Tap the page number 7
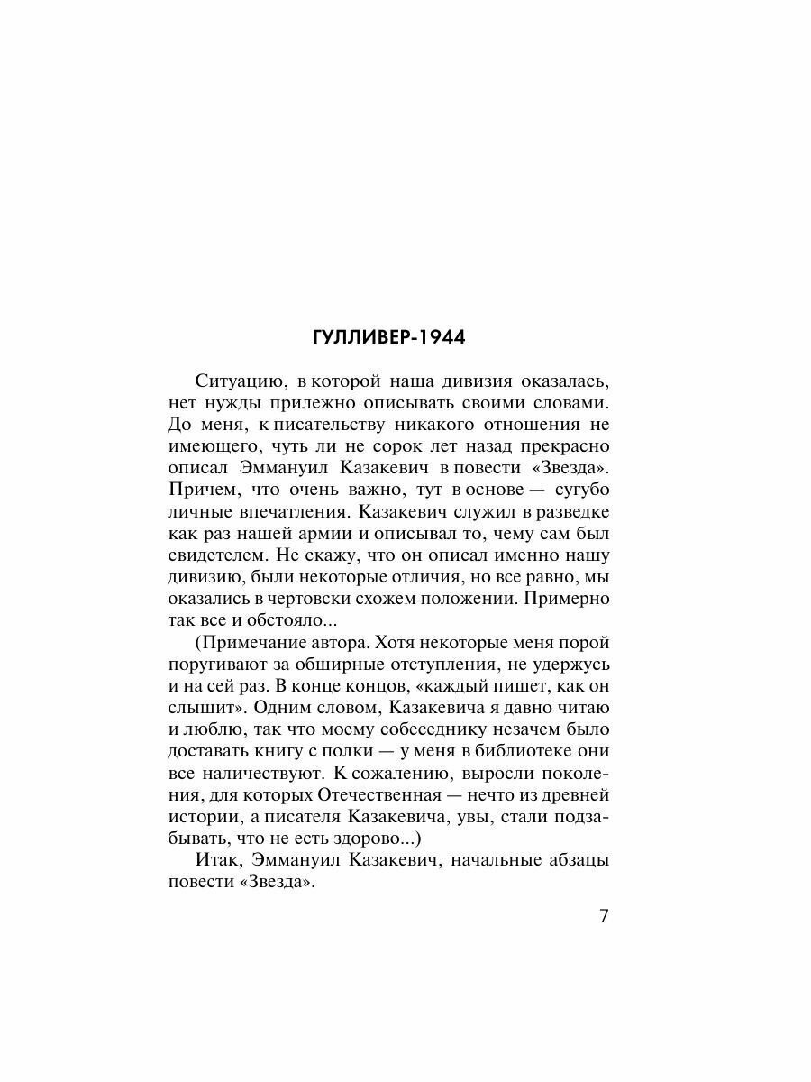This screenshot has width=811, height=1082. point(604,916)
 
